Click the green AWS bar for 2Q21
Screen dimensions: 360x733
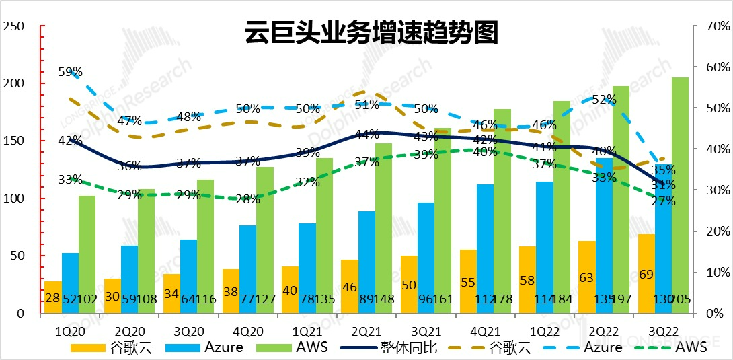pyautogui.click(x=384, y=228)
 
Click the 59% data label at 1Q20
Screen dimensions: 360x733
pyautogui.click(x=70, y=72)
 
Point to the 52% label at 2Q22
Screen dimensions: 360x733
pyautogui.click(x=604, y=100)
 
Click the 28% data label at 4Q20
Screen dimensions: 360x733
pyautogui.click(x=247, y=199)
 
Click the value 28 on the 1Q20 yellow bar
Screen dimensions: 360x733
pyautogui.click(x=52, y=298)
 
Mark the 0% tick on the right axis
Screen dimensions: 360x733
pyautogui.click(x=716, y=314)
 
